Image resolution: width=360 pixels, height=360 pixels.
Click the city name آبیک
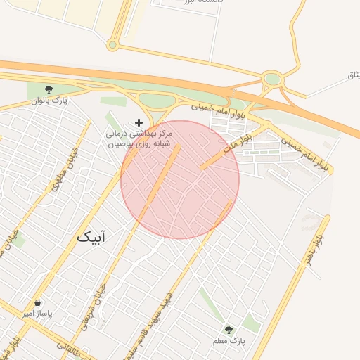click(93, 238)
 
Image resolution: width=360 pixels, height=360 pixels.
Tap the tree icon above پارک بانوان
click(49, 89)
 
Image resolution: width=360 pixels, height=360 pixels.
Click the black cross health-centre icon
click(139, 122)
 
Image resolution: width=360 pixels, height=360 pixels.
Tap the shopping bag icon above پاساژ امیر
click(37, 302)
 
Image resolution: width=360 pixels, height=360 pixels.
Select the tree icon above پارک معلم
click(228, 329)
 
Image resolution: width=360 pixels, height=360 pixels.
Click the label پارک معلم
click(229, 340)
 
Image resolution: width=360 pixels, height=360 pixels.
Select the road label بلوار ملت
click(236, 142)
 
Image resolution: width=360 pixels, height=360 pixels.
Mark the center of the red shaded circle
click(180, 179)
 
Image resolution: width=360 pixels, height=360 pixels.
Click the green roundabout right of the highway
click(272, 79)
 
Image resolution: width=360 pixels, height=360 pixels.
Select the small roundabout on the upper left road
click(112, 45)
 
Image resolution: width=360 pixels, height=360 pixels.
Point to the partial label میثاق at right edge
click(353, 75)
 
